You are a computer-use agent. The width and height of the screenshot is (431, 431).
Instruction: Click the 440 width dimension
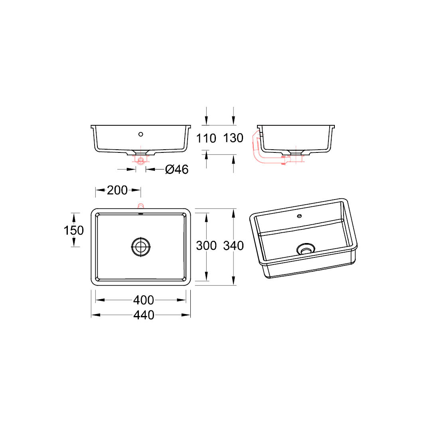point(144,315)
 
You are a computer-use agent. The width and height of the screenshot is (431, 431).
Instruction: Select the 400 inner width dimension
point(144,300)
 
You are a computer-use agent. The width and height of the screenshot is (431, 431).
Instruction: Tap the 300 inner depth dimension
point(206,245)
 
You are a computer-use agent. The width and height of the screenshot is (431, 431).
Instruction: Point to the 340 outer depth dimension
point(233,245)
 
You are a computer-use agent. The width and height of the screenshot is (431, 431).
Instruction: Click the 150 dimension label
point(74,230)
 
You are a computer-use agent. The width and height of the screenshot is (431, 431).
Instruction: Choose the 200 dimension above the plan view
point(117,190)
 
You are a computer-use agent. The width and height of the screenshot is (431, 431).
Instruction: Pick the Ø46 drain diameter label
point(177,169)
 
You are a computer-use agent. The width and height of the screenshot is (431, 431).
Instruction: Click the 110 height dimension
point(206,138)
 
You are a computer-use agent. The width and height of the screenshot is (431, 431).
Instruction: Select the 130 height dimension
point(233,138)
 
